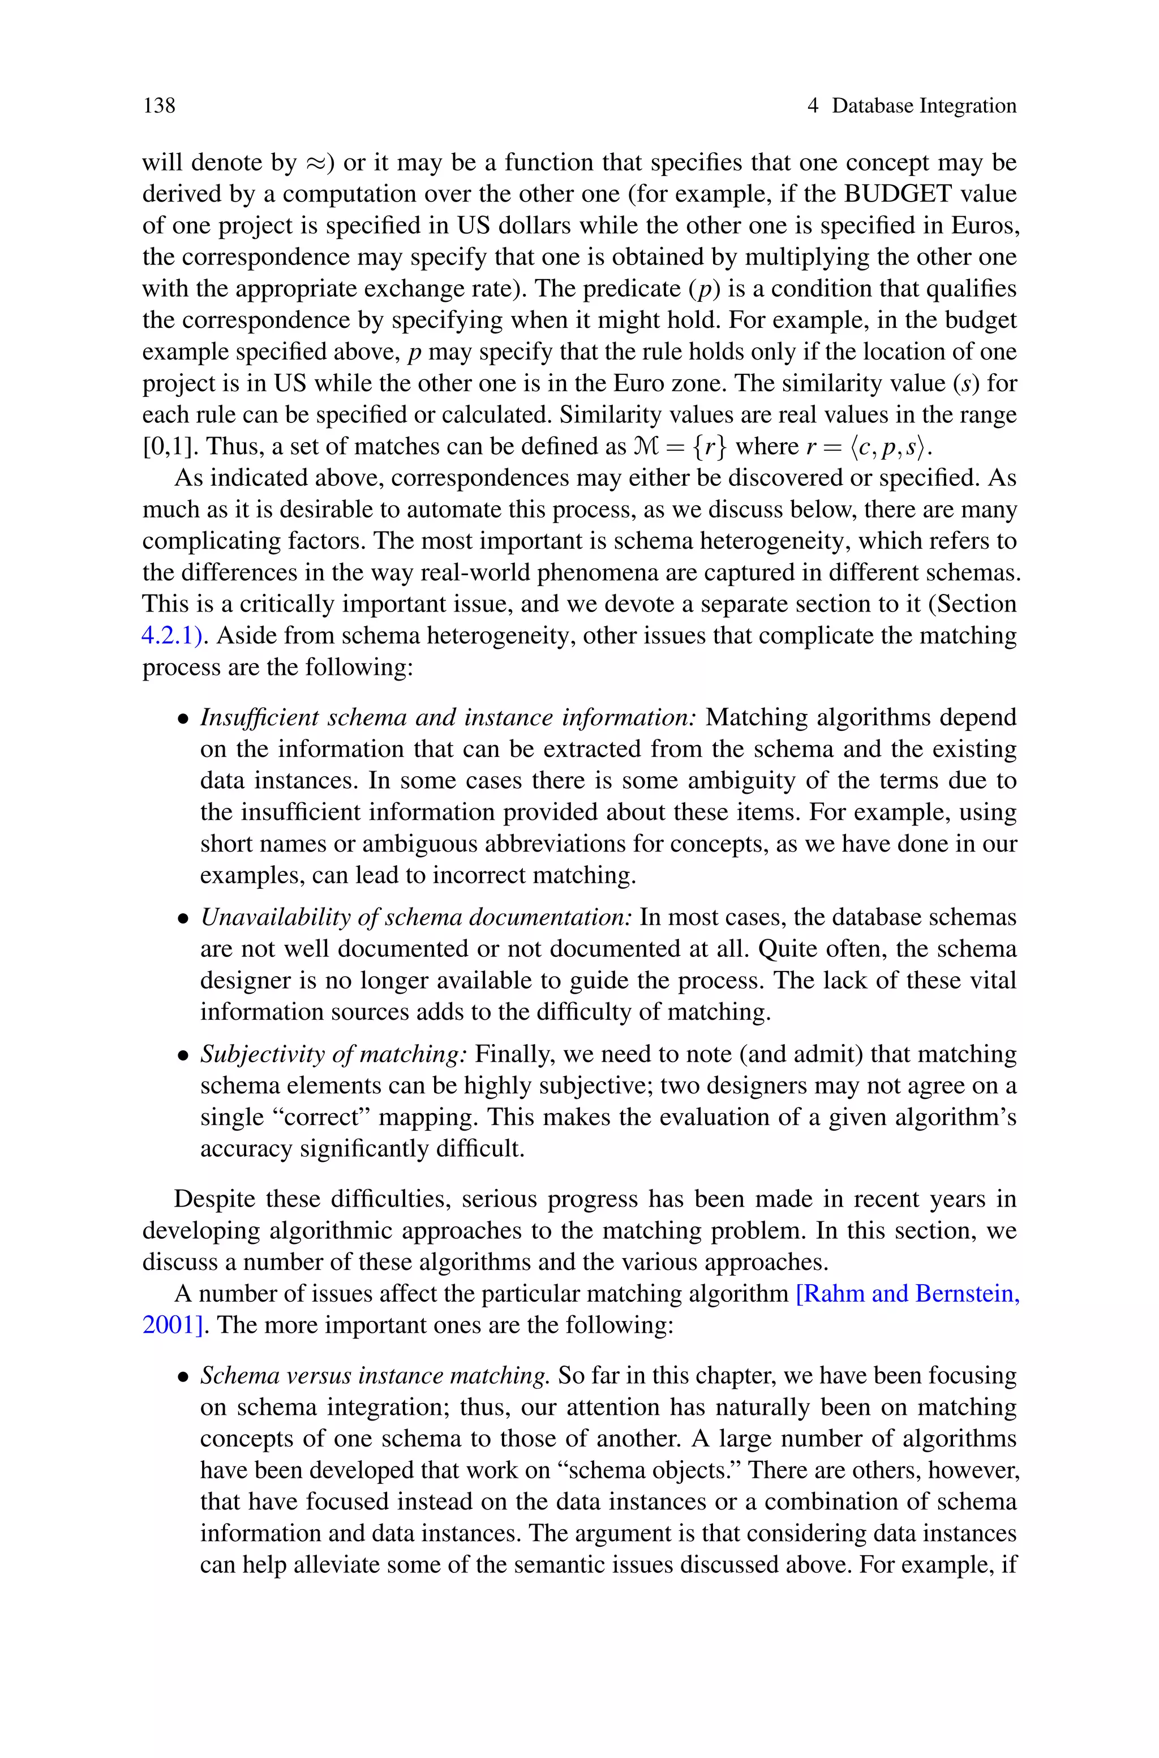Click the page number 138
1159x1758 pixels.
(x=159, y=106)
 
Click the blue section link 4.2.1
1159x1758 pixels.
(x=171, y=636)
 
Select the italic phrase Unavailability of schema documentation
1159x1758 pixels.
(x=416, y=917)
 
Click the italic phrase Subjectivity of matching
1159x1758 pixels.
(x=333, y=1054)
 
